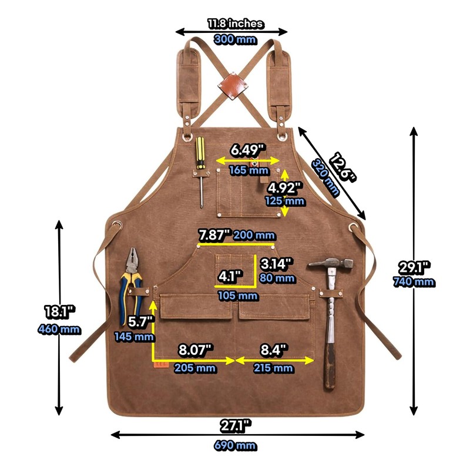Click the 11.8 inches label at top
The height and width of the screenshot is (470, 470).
pyautogui.click(x=235, y=24)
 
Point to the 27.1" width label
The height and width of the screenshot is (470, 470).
pyautogui.click(x=235, y=424)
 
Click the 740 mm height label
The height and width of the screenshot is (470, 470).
pyautogui.click(x=414, y=282)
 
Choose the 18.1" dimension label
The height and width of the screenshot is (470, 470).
pyautogui.click(x=59, y=311)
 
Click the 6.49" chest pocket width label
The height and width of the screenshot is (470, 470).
pyautogui.click(x=248, y=150)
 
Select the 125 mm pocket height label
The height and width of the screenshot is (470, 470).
pyautogui.click(x=286, y=201)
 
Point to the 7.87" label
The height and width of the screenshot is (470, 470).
pyautogui.click(x=214, y=235)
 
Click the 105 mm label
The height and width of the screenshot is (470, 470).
pyautogui.click(x=237, y=296)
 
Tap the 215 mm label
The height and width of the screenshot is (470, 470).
pyautogui.click(x=273, y=368)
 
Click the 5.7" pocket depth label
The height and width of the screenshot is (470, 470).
pyautogui.click(x=141, y=321)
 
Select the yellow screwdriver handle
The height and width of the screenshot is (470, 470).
pyautogui.click(x=200, y=153)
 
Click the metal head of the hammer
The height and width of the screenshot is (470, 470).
pyautogui.click(x=331, y=264)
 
